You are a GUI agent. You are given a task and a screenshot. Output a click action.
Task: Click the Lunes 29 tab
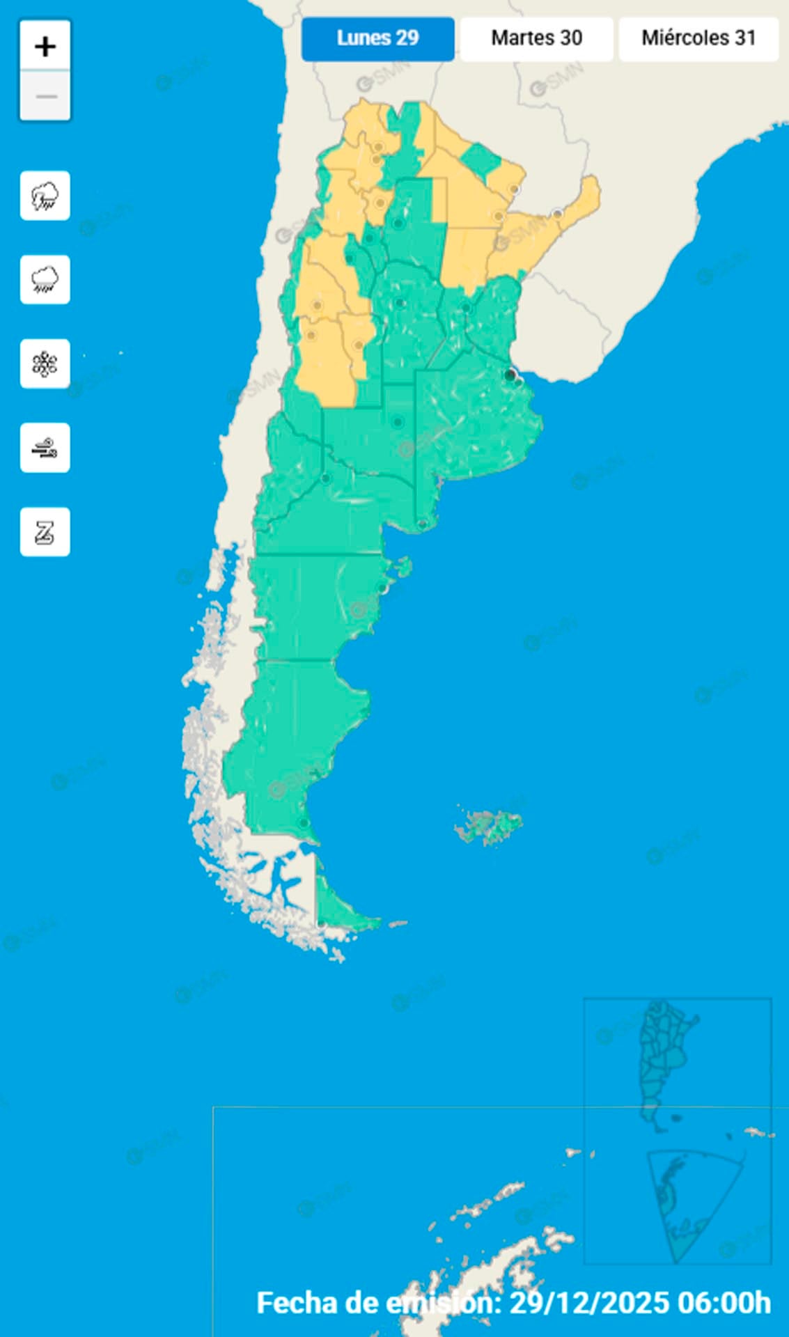tap(377, 38)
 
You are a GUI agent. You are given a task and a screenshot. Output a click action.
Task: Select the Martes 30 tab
tap(536, 38)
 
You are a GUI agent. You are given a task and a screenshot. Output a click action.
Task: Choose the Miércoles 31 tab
tap(698, 38)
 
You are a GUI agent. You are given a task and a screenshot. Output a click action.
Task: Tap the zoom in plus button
tap(45, 47)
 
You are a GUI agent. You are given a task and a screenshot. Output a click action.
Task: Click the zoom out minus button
tap(45, 95)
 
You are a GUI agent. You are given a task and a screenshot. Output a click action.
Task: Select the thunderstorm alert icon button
tap(45, 196)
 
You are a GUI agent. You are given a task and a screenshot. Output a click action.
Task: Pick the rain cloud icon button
tap(45, 280)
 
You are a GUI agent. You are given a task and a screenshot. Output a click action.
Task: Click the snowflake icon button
tap(45, 363)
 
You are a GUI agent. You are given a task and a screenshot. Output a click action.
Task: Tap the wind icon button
tap(45, 448)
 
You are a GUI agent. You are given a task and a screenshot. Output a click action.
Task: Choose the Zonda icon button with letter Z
tap(45, 532)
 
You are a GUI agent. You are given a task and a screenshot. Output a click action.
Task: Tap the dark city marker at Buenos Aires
tap(511, 375)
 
